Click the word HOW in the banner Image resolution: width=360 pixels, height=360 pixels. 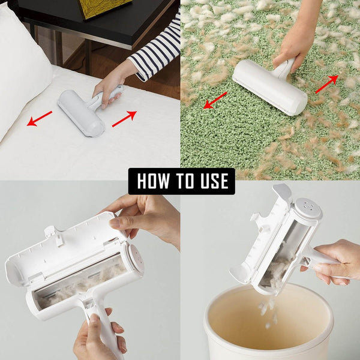(x=154, y=181)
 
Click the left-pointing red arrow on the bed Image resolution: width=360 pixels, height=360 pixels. (x=40, y=119)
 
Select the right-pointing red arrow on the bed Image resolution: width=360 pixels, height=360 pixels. (x=124, y=118)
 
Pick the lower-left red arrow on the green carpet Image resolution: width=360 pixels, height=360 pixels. (x=215, y=100)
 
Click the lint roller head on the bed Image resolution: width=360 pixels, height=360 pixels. (x=81, y=113)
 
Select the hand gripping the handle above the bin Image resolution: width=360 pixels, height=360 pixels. (x=339, y=261)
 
